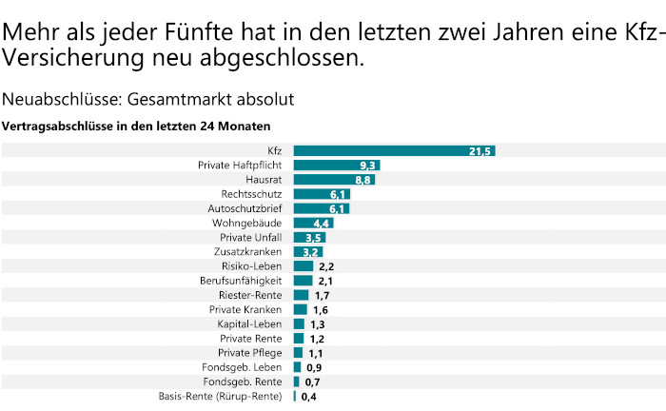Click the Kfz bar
click(x=394, y=150)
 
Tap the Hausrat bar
click(x=334, y=179)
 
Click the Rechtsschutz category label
click(x=251, y=194)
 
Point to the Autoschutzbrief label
click(x=245, y=208)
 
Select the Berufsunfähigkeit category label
click(x=241, y=281)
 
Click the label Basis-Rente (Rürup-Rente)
click(x=221, y=396)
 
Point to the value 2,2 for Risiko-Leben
click(x=326, y=266)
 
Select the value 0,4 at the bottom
click(x=308, y=397)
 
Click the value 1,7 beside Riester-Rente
click(x=322, y=296)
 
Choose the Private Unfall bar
click(x=310, y=237)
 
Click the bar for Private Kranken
click(x=301, y=309)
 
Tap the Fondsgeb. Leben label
click(x=242, y=367)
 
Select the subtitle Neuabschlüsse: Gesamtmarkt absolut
click(x=147, y=98)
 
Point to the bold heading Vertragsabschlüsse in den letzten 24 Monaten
click(x=136, y=126)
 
